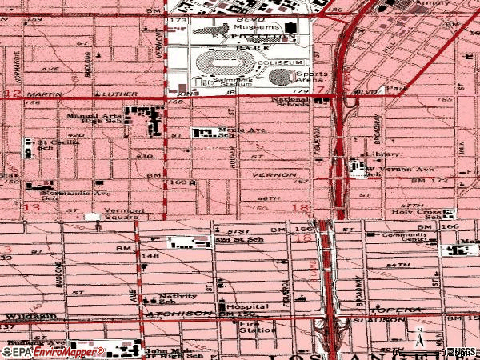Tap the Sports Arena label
pyautogui.click(x=311, y=77)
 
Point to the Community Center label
pyautogui.click(x=404, y=236)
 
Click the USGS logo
pyautogui.click(x=459, y=351)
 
